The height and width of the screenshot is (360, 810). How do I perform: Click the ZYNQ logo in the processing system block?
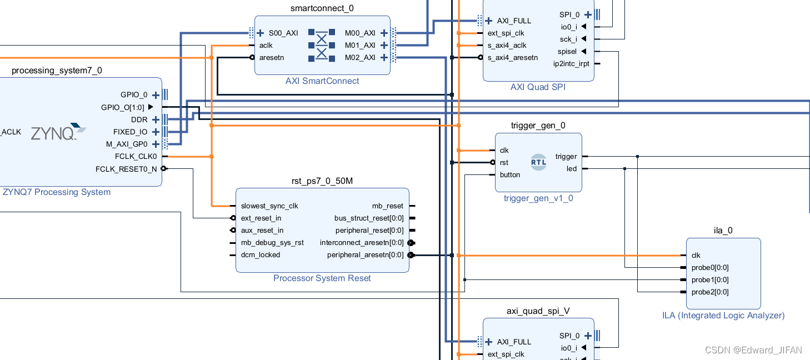click(58, 132)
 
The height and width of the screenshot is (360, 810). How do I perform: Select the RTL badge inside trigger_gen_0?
click(538, 162)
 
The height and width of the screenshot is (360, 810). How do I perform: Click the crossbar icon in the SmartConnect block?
click(322, 45)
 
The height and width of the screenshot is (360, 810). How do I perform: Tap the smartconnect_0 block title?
click(322, 8)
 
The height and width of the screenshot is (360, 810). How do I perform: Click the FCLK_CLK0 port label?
click(136, 157)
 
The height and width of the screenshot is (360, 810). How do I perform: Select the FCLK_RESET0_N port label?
click(126, 169)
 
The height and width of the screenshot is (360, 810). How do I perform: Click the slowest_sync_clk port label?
click(269, 206)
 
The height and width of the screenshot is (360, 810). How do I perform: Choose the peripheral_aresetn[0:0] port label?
click(366, 255)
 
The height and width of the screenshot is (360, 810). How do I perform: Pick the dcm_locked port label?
click(261, 255)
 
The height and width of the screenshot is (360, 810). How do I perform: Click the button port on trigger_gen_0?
click(510, 175)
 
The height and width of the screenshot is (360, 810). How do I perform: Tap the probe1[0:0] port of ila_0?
click(710, 280)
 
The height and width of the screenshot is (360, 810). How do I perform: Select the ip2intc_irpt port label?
click(571, 64)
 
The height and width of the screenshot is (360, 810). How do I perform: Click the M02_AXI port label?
click(360, 58)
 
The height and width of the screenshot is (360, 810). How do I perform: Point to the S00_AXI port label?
click(283, 33)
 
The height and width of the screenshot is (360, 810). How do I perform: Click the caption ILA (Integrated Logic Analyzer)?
click(723, 316)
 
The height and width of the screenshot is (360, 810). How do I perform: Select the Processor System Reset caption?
click(322, 278)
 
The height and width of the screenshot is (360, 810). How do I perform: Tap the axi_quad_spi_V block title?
click(538, 311)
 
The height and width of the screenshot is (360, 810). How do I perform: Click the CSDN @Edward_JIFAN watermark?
click(753, 350)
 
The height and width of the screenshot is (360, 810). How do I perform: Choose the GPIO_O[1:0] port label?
click(122, 107)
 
